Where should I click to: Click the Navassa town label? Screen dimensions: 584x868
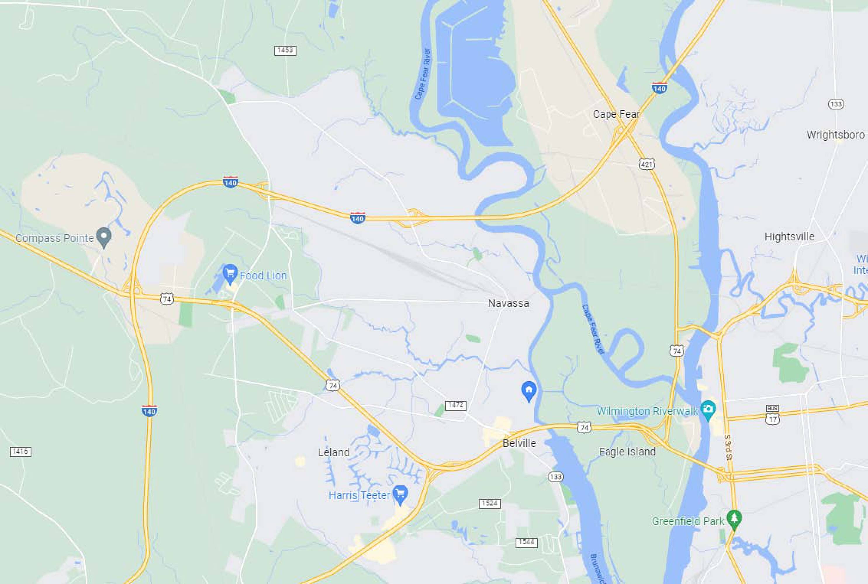point(508,303)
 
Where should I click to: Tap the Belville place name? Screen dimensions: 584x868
point(519,443)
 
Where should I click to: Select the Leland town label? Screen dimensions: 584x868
point(333,453)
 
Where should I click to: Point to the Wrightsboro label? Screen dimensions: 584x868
point(836,135)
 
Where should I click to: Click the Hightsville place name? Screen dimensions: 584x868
point(789,237)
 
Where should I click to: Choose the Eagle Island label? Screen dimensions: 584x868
point(627,452)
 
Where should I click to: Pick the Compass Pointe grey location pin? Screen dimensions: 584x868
point(104,237)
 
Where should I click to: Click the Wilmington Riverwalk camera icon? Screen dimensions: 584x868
point(708,409)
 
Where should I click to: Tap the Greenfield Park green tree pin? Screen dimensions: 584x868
point(734,519)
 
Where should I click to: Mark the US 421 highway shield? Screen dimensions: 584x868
point(647,164)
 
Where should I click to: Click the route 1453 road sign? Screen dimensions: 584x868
point(285,50)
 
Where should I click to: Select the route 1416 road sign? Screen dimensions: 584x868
point(20,452)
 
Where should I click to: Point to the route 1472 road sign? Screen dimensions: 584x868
point(455,405)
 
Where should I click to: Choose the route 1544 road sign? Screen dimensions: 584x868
point(526,542)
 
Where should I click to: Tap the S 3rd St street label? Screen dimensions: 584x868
point(728,447)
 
